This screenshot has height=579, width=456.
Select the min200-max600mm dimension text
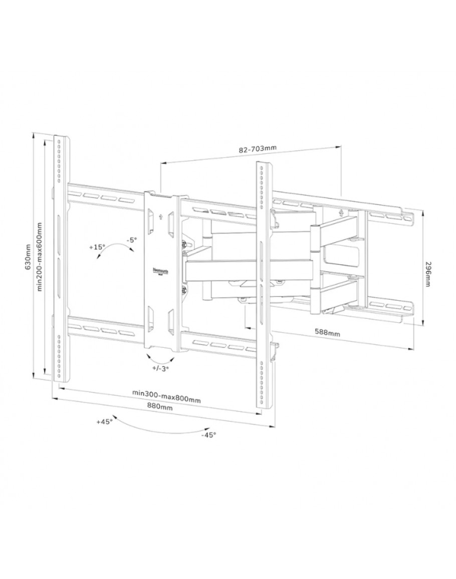(x=40, y=257)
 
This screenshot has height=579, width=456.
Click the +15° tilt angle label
(x=97, y=247)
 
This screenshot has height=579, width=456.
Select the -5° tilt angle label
(x=132, y=239)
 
